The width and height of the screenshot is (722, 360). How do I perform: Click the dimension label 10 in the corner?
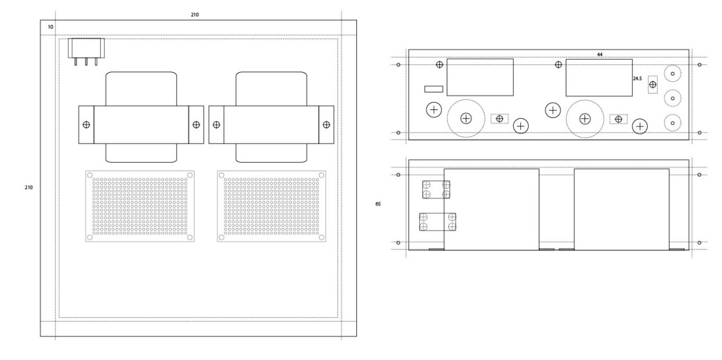[51, 27]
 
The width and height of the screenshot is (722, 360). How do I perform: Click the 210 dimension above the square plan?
[195, 14]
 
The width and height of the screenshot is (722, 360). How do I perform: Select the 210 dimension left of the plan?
[29, 187]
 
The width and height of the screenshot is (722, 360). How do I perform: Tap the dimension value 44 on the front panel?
[600, 54]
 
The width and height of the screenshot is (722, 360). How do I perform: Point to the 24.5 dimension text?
[638, 80]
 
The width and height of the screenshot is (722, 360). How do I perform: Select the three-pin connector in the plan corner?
[86, 49]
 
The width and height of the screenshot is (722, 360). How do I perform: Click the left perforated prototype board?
[140, 206]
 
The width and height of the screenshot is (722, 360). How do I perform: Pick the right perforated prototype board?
[271, 206]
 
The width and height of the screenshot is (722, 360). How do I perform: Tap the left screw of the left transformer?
[86, 124]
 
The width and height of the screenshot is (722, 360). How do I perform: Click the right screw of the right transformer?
[326, 124]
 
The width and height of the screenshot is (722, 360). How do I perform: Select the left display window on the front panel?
[480, 77]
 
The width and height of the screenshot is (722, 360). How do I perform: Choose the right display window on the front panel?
[600, 77]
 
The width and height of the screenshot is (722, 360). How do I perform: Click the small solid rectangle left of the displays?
[434, 89]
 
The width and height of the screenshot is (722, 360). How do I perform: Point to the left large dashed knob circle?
[466, 118]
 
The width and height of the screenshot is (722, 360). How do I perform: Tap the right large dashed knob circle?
[585, 118]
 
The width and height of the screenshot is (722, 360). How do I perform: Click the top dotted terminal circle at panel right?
[672, 74]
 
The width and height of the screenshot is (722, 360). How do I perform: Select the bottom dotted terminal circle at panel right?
[672, 122]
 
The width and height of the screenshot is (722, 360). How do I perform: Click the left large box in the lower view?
[491, 209]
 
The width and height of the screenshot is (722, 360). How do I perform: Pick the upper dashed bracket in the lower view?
[436, 190]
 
